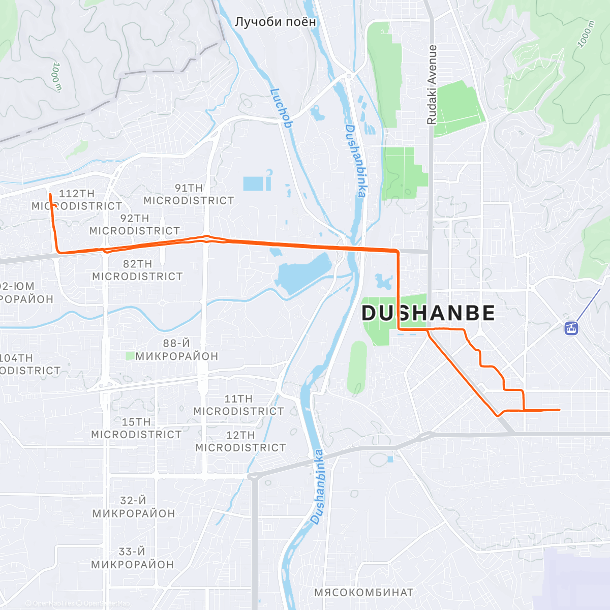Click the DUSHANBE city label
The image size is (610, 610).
pos(428,313)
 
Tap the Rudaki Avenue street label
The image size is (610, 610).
pos(432,85)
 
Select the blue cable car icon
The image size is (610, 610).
pos(571,328)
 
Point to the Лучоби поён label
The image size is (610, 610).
pos(275,22)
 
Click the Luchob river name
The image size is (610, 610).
pos(281,108)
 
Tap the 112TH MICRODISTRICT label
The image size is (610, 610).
pos(77,200)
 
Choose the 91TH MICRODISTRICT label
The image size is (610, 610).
pos(189,194)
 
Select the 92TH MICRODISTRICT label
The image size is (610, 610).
pos(135,225)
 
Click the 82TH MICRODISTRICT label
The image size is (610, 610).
pos(137,270)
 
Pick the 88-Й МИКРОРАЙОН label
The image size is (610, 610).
pos(176,350)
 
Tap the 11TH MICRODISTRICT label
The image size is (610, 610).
pos(238,405)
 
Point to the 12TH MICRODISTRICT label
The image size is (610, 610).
pos(240,441)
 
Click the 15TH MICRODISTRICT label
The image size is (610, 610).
pos(136,428)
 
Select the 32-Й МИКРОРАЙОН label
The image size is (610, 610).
pos(133,507)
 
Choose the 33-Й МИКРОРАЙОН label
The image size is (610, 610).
pos(132,558)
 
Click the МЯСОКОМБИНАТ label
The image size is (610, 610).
pos(363,592)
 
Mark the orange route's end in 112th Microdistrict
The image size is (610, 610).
pos(50,194)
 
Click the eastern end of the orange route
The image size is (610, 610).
pos(559,409)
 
